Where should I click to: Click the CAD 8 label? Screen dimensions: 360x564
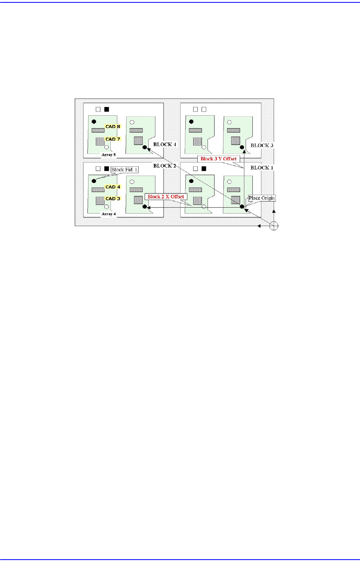click(113, 127)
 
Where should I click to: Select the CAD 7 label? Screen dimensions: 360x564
click(113, 139)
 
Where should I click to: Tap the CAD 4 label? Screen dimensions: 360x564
click(113, 187)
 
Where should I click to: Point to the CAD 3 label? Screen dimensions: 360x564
click(113, 198)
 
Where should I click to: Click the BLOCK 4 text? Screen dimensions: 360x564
click(165, 144)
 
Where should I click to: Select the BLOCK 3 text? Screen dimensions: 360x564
click(262, 145)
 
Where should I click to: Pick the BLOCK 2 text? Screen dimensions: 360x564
click(165, 166)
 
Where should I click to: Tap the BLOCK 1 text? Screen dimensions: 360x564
click(262, 167)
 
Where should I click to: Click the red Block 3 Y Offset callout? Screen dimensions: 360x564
click(218, 159)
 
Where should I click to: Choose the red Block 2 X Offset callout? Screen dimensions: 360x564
click(166, 196)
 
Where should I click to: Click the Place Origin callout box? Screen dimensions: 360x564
click(262, 198)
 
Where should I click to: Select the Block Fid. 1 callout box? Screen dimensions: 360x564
click(125, 169)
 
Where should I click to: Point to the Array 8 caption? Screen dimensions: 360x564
click(109, 155)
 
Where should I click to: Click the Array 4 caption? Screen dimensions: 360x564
click(109, 214)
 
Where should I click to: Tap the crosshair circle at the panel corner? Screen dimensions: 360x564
click(273, 226)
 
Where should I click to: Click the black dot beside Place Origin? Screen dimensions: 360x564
click(242, 207)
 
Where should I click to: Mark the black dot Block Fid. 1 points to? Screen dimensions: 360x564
click(94, 181)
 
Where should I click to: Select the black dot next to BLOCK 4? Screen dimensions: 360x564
click(145, 148)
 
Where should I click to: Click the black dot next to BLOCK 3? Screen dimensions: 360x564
click(242, 148)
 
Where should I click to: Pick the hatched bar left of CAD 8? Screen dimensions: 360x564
click(98, 130)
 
